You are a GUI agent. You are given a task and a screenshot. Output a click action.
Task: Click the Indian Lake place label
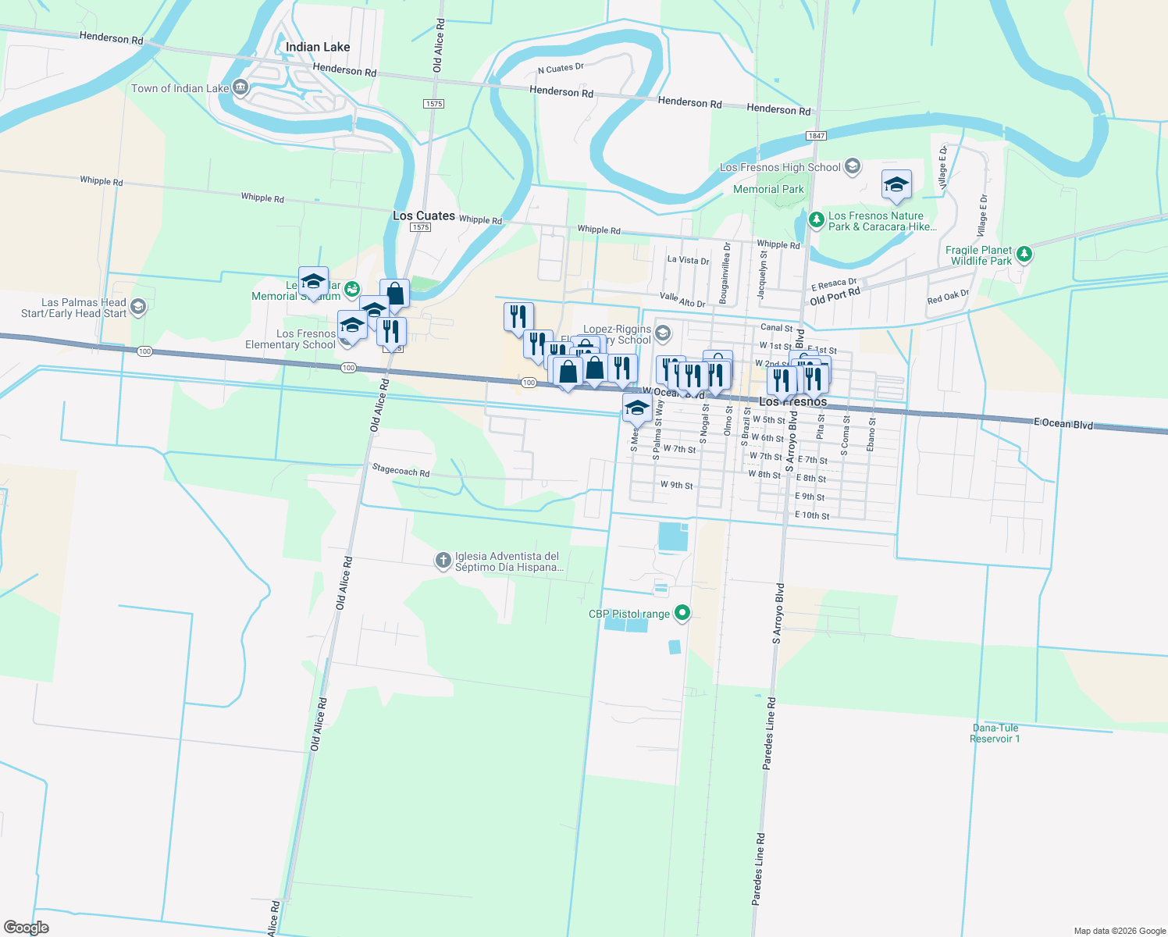point(318,47)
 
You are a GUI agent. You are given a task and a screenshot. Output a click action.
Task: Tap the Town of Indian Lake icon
point(240,88)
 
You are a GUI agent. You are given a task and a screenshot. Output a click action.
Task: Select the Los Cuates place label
point(424,216)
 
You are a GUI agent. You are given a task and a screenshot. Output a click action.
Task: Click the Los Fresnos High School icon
point(853,166)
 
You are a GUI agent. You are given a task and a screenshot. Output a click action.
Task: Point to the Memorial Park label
point(768,189)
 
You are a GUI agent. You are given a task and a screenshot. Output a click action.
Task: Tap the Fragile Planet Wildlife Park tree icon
point(1024,255)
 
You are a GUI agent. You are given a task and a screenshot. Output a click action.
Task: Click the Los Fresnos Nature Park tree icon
point(816,221)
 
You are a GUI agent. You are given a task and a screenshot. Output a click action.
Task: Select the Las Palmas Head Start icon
point(138,307)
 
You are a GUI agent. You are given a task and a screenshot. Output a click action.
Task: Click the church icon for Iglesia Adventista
point(443,561)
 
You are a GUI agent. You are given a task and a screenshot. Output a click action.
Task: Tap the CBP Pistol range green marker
point(682,613)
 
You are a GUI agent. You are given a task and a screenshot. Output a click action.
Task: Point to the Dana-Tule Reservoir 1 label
point(995,733)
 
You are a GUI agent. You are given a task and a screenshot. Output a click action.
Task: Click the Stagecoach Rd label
point(401,470)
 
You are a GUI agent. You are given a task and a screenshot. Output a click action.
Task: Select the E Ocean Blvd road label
point(1063,423)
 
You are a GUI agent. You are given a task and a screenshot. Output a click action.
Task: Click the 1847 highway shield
point(816,136)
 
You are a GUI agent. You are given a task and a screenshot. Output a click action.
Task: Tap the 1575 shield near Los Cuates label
point(421,227)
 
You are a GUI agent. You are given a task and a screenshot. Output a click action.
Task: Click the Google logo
point(27,928)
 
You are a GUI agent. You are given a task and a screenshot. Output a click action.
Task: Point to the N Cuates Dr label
point(561,69)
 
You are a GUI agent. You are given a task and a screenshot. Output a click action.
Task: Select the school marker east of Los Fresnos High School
point(896,185)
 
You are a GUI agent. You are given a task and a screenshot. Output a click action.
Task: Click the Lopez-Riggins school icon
point(662,334)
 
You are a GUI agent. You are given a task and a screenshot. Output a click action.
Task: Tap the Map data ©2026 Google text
point(1120,931)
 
